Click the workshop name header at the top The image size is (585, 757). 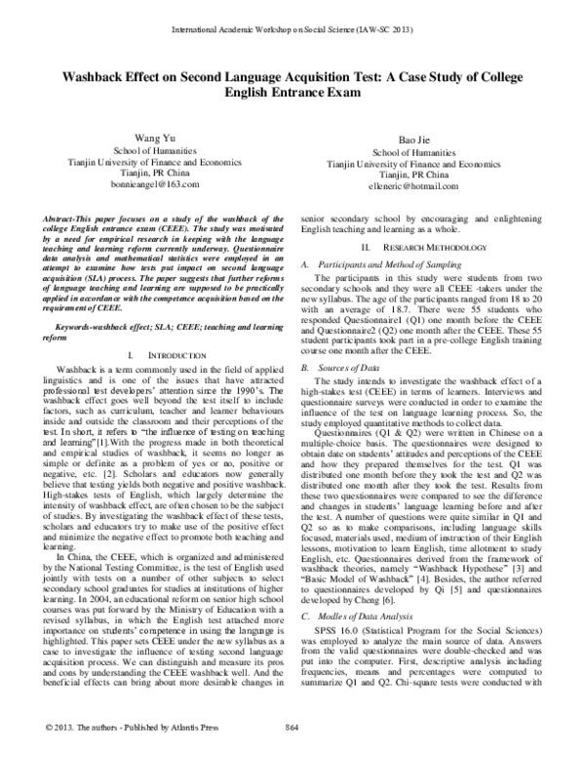292,31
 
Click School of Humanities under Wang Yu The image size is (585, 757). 162,155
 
